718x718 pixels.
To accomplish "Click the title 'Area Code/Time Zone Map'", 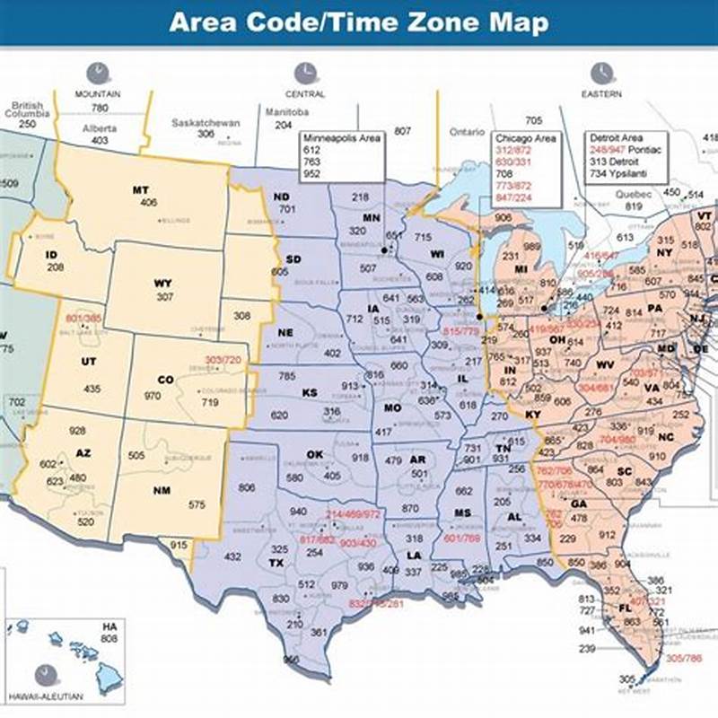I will pos(358,22).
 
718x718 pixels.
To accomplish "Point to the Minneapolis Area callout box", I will pos(342,157).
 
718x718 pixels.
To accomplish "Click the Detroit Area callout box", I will pos(626,156).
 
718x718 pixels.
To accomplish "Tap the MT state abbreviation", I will pos(140,190).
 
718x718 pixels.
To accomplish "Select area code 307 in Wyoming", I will pos(163,296).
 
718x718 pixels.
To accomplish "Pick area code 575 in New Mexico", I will pos(197,505).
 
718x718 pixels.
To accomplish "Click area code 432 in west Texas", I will pos(232,556).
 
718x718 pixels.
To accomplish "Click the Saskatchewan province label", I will pos(206,122).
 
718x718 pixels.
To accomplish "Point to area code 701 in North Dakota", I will pos(287,209).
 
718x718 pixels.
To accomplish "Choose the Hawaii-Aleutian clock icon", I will pos(42,675).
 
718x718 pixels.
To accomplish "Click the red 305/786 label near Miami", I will pos(685,658).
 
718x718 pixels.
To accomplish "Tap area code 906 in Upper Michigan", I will pos(503,217).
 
